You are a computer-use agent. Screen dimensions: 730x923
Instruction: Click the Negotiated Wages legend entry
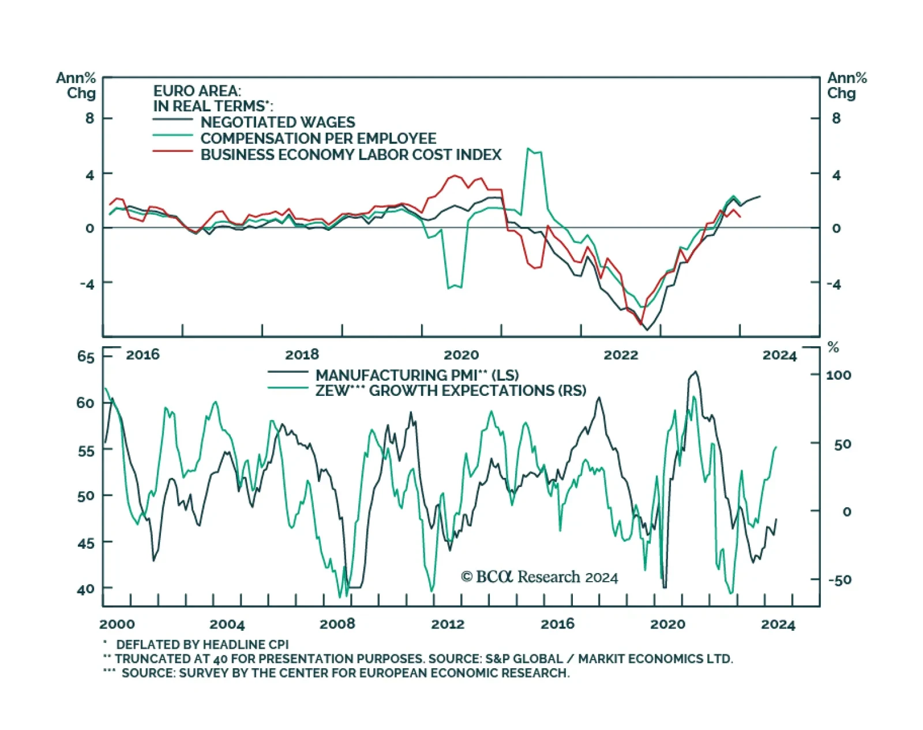click(x=277, y=122)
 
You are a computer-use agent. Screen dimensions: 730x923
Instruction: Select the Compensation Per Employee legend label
click(x=318, y=138)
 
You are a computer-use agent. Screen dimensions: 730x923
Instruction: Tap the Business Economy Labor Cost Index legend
click(x=351, y=155)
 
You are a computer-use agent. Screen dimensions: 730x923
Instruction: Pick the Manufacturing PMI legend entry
click(x=417, y=375)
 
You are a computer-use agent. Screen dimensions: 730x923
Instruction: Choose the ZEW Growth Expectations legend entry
click(x=450, y=391)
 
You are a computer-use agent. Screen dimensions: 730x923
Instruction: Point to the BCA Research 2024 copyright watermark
click(x=539, y=577)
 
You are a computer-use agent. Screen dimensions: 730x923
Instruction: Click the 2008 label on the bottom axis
click(x=337, y=624)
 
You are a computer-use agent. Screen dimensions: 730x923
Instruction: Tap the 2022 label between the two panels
click(x=621, y=355)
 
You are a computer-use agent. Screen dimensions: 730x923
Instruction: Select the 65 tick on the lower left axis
click(x=85, y=357)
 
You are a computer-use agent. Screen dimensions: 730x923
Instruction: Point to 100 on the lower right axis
click(x=838, y=375)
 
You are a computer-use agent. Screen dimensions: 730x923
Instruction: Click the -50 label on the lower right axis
click(x=839, y=580)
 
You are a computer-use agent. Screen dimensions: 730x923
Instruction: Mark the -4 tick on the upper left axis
click(x=87, y=284)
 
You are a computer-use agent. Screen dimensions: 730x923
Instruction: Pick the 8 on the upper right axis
click(x=836, y=118)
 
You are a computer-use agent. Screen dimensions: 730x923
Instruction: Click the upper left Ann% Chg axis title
click(x=77, y=85)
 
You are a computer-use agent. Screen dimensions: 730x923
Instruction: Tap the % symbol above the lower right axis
click(x=833, y=347)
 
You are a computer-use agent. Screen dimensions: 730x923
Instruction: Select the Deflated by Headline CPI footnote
click(x=202, y=645)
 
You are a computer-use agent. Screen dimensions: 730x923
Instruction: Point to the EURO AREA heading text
click(x=197, y=91)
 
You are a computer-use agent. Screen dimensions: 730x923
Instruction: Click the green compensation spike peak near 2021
click(x=528, y=149)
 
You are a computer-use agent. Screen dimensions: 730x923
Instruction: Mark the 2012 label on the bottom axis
click(x=448, y=624)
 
